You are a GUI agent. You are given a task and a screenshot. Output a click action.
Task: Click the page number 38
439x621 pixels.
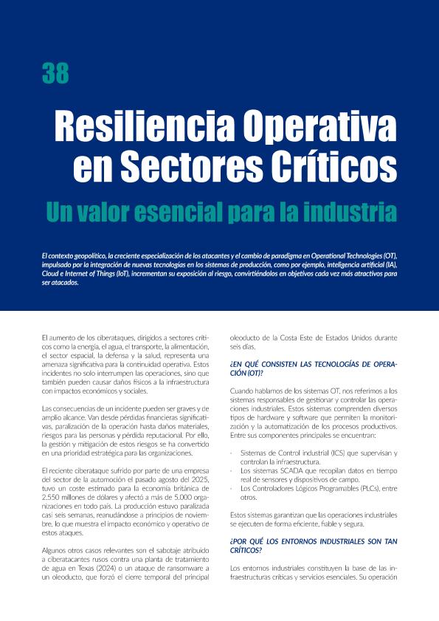[55, 73]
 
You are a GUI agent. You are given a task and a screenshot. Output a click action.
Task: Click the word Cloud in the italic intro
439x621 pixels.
[52, 273]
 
